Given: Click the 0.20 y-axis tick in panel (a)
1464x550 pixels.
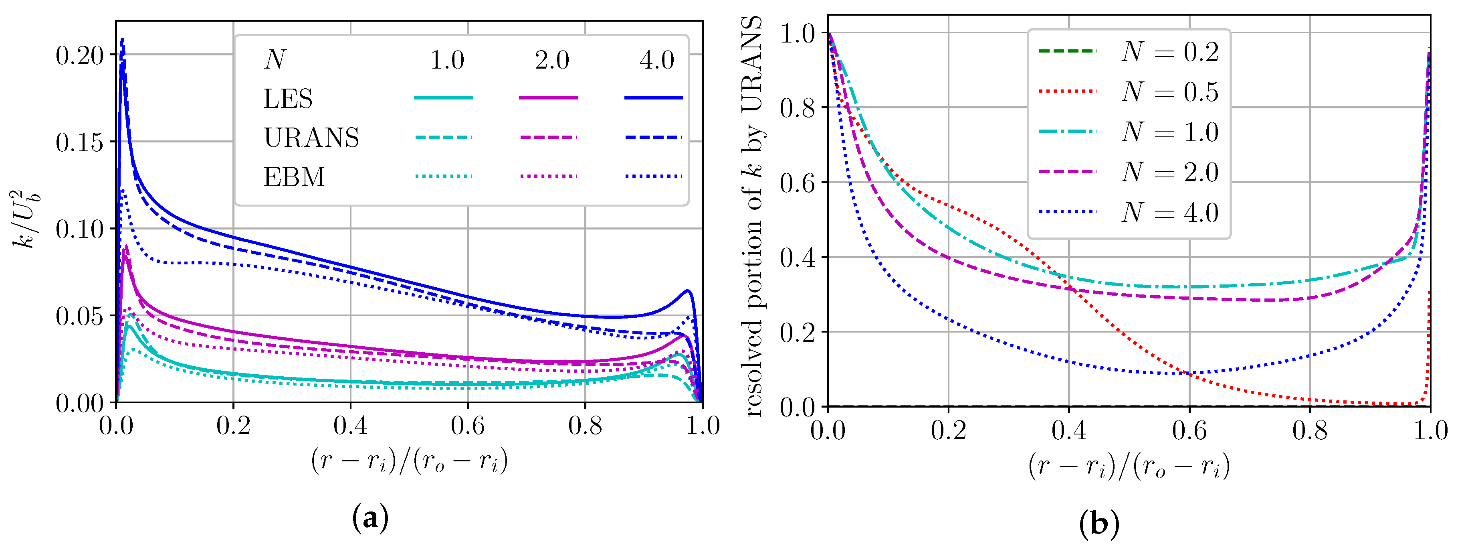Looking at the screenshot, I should (80, 56).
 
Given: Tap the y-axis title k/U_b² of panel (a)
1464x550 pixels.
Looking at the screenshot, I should (26, 219).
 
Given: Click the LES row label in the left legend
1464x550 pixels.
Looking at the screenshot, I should (288, 99).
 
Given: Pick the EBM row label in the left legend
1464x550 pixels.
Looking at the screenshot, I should (294, 177).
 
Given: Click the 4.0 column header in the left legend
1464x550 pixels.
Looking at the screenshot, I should (656, 60).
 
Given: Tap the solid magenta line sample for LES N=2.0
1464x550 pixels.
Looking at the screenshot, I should (548, 98).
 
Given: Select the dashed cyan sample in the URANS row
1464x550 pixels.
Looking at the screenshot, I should (443, 138).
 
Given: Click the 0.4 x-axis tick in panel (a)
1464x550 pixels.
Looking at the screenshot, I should (350, 426).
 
